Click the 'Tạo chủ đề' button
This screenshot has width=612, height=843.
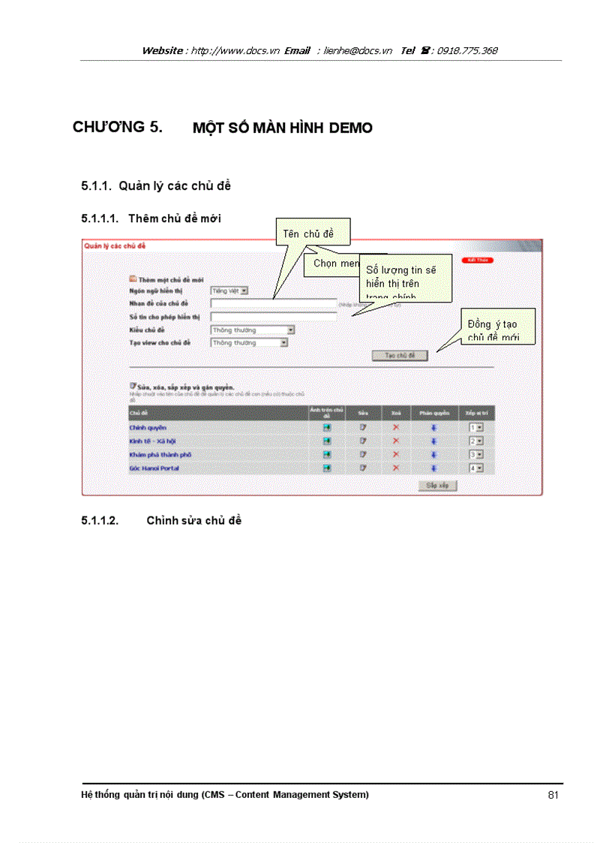pyautogui.click(x=400, y=356)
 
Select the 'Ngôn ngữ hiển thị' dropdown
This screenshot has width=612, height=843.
pyautogui.click(x=229, y=291)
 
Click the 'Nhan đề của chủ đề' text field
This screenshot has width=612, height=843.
pyautogui.click(x=273, y=303)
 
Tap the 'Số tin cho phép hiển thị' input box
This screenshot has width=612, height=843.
pyautogui.click(x=273, y=317)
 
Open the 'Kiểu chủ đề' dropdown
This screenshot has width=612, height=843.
pyautogui.click(x=252, y=330)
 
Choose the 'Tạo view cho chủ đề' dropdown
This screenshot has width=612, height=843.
pyautogui.click(x=249, y=343)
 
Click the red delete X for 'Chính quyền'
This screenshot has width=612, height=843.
pyautogui.click(x=396, y=427)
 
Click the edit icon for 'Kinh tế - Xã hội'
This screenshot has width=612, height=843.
pyautogui.click(x=363, y=441)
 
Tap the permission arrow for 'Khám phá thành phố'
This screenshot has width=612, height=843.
pyautogui.click(x=433, y=454)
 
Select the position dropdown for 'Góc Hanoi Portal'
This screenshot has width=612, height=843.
pyautogui.click(x=475, y=468)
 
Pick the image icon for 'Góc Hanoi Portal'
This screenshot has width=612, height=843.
pyautogui.click(x=327, y=468)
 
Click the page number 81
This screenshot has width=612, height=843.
pyautogui.click(x=553, y=795)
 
